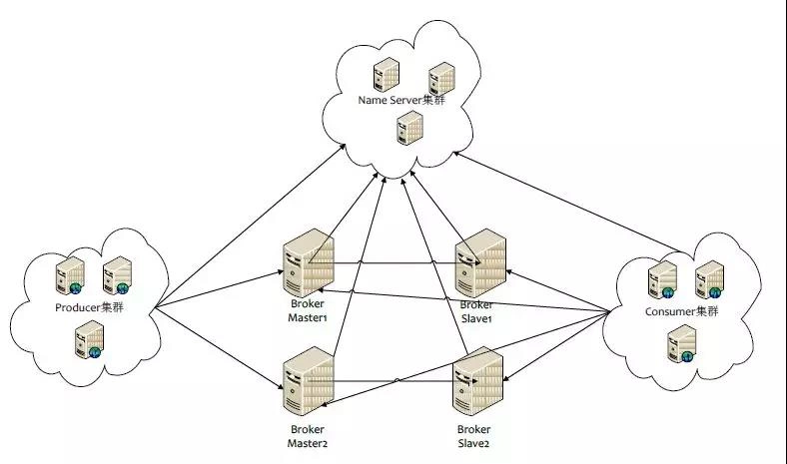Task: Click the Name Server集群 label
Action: click(x=401, y=100)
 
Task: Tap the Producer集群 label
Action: click(x=89, y=307)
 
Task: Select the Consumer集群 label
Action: click(x=681, y=311)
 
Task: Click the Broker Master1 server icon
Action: click(x=309, y=262)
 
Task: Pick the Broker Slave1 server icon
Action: click(x=480, y=262)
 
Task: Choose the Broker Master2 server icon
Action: click(x=309, y=381)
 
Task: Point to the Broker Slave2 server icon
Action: click(x=477, y=381)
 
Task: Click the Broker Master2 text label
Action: click(x=308, y=436)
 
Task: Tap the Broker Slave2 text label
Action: click(x=473, y=436)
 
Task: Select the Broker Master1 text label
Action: click(x=308, y=310)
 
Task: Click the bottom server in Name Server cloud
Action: click(x=410, y=128)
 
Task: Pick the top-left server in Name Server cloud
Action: click(x=386, y=75)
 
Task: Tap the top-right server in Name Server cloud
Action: click(x=441, y=79)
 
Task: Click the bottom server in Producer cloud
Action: click(x=89, y=339)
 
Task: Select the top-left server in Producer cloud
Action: click(x=70, y=275)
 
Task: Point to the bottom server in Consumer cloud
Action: click(x=682, y=343)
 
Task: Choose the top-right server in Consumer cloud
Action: click(x=709, y=279)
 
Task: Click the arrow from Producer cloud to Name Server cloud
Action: click(x=250, y=226)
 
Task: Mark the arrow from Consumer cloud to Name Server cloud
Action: click(x=567, y=203)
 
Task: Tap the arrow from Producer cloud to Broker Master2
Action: click(x=220, y=348)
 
